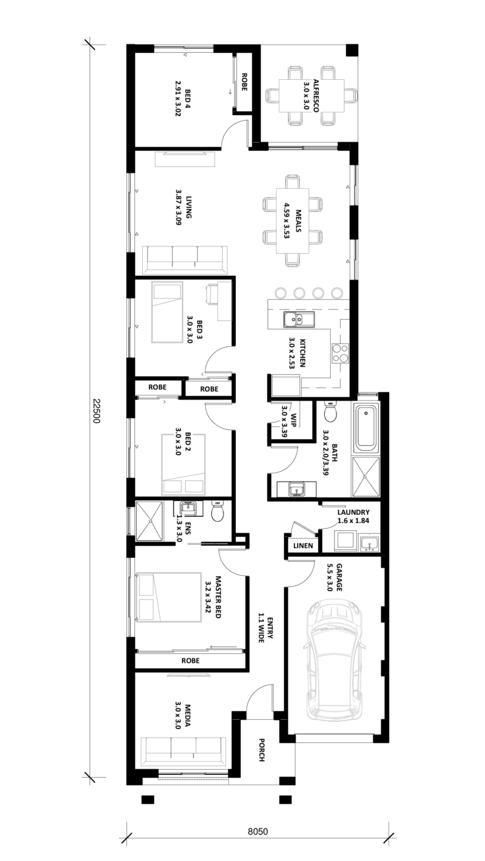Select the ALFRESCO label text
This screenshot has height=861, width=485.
pos(315,95)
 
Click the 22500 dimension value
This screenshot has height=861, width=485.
pos(96,410)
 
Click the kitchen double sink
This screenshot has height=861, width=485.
pos(299,319)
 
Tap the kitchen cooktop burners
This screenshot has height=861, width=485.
pos(340,354)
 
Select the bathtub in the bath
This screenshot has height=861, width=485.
pos(365,428)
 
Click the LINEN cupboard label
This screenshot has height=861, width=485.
pos(303,545)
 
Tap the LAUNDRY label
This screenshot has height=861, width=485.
pos(353,512)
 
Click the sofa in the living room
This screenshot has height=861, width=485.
pos(184,259)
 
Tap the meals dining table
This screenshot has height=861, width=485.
pos(293,220)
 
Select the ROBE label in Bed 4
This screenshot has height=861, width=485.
pos(243,82)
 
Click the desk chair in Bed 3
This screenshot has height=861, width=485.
pos(212,294)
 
